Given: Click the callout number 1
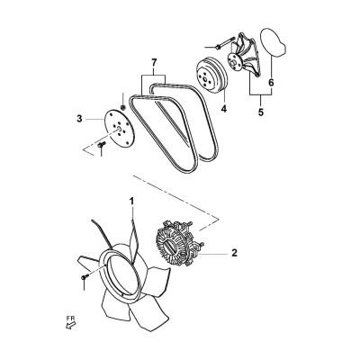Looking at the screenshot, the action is pyautogui.click(x=131, y=202).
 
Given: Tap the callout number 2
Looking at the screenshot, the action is pyautogui.click(x=234, y=253).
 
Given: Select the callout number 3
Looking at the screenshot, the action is pyautogui.click(x=79, y=119).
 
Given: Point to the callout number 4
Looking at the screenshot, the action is pyautogui.click(x=224, y=109).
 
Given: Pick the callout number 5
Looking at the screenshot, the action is pyautogui.click(x=260, y=112).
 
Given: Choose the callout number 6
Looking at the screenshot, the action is pyautogui.click(x=271, y=83).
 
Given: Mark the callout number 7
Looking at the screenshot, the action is pyautogui.click(x=154, y=63).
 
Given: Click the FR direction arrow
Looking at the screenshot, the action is pyautogui.click(x=70, y=325).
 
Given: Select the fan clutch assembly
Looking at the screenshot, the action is pyautogui.click(x=179, y=243).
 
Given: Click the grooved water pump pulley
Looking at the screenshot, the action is pyautogui.click(x=211, y=76).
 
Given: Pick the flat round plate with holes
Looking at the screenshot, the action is pyautogui.click(x=119, y=129).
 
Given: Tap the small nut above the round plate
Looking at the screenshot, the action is pyautogui.click(x=122, y=107).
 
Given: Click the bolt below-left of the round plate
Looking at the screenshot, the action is pyautogui.click(x=101, y=145).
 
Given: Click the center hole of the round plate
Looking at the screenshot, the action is pyautogui.click(x=119, y=129).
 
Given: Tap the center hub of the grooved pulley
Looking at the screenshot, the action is pyautogui.click(x=205, y=79).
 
